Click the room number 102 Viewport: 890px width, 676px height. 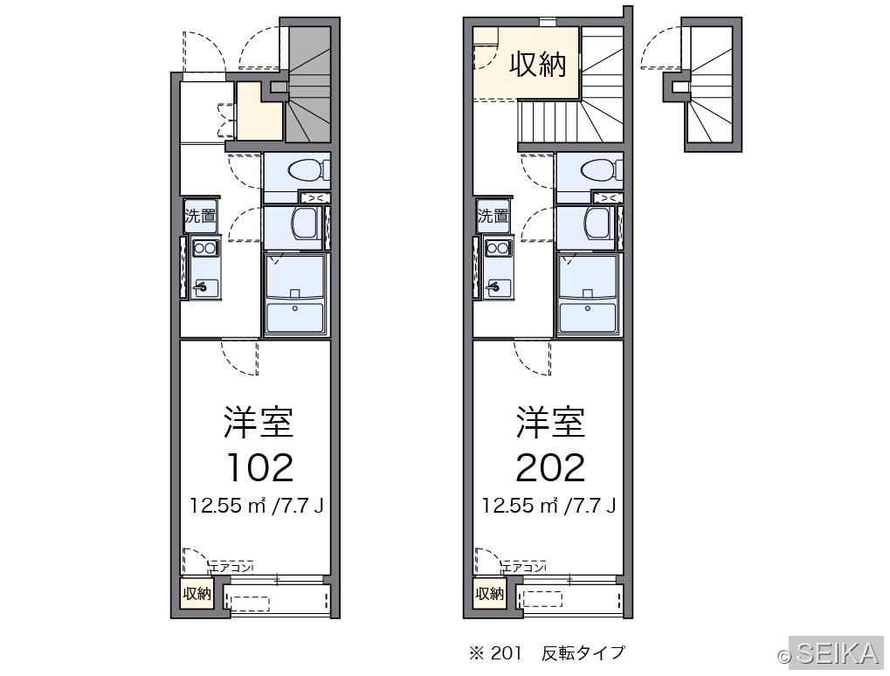(259, 467)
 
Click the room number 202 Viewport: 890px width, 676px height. (550, 467)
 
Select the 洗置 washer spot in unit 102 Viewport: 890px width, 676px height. (200, 217)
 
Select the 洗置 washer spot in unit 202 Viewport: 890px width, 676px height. (493, 217)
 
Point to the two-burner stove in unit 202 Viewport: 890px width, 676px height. (498, 248)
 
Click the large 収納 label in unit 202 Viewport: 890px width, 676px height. (537, 64)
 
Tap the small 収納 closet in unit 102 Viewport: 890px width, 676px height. (197, 594)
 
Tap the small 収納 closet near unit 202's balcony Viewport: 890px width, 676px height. (490, 594)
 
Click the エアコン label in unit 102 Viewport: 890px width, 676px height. (231, 567)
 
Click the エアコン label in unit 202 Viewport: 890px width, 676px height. (524, 567)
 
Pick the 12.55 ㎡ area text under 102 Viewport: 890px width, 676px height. (228, 505)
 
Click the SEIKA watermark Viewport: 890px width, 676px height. (838, 652)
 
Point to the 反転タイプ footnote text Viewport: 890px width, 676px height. (583, 653)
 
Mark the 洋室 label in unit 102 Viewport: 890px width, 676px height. (259, 423)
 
